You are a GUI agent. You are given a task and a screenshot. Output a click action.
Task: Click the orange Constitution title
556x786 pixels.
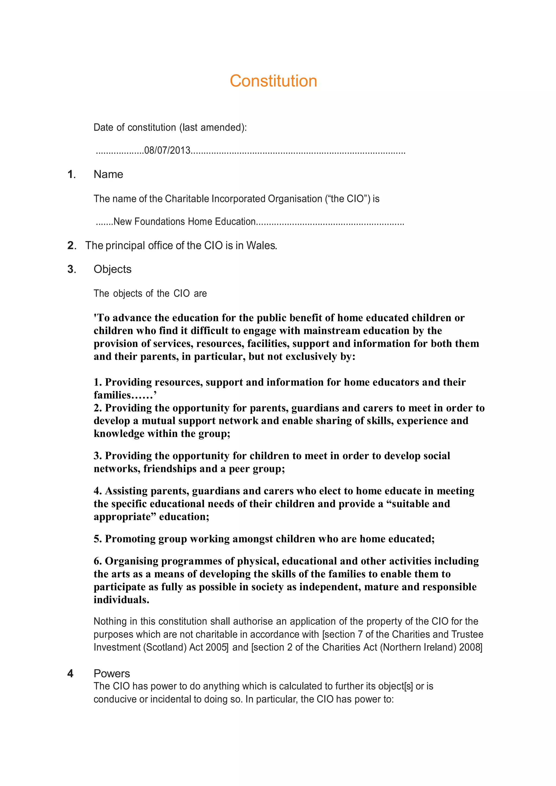coord(273,81)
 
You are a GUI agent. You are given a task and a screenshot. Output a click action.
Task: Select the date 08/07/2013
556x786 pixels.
coord(167,150)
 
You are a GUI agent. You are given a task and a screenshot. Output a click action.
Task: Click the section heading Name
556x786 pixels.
coord(108,174)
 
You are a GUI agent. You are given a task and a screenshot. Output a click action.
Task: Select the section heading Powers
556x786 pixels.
coord(112,673)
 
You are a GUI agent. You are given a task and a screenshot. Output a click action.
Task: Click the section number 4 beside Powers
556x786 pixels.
coord(70,674)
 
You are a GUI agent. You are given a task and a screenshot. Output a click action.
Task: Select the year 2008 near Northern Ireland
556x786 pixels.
coord(470,647)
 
